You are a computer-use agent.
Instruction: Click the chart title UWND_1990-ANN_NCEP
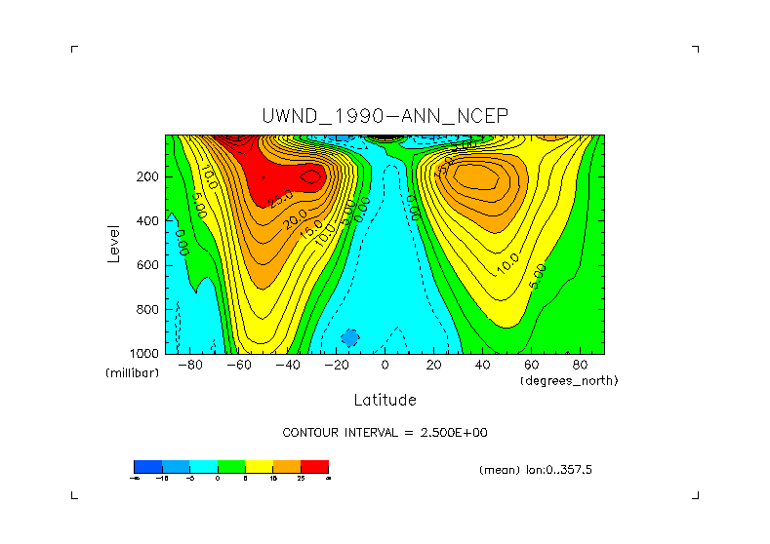[x=385, y=116]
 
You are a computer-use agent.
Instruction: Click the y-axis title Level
[x=115, y=243]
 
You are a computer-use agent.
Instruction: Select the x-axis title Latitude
[x=385, y=400]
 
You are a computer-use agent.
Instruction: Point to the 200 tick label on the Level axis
[x=148, y=177]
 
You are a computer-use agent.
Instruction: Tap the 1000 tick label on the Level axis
[x=145, y=353]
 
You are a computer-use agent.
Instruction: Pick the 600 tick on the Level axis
[x=148, y=265]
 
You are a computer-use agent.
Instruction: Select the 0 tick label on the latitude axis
[x=385, y=366]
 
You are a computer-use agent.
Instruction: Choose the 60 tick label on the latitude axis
[x=531, y=366]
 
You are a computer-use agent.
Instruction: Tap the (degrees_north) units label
[x=569, y=380]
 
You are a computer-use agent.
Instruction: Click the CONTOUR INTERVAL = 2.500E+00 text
[x=385, y=432]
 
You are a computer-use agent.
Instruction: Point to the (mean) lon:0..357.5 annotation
[x=536, y=470]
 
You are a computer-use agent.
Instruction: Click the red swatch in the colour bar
[x=315, y=466]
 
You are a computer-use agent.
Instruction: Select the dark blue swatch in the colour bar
[x=147, y=466]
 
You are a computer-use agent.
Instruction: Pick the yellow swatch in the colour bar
[x=259, y=466]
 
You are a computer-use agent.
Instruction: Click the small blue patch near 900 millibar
[x=349, y=337]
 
